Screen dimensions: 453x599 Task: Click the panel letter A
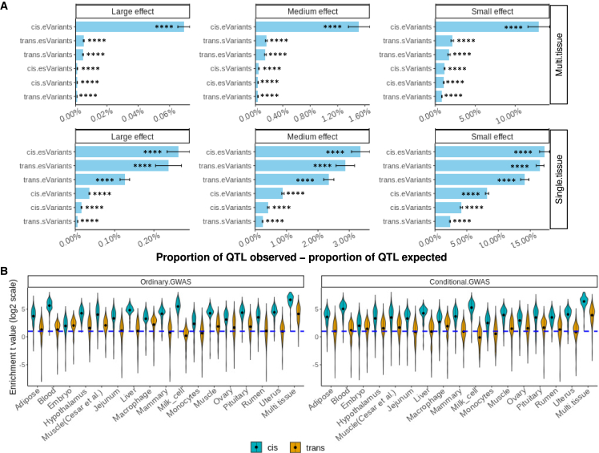6,6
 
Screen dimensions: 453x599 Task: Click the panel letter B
6,272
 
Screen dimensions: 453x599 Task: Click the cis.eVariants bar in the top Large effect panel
130,26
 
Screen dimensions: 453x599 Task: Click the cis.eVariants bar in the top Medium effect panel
308,26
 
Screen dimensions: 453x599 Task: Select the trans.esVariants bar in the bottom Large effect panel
122,166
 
